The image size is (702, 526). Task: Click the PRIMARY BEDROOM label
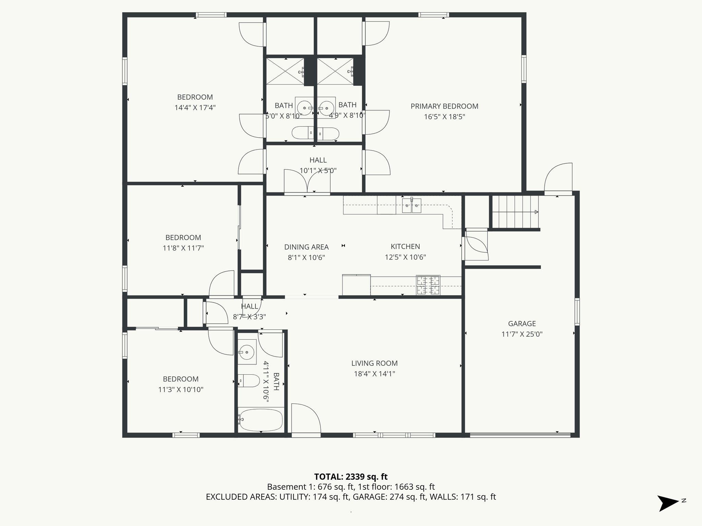click(x=444, y=106)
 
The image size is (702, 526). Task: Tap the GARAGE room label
click(x=522, y=324)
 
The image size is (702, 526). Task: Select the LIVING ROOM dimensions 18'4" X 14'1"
click(x=374, y=374)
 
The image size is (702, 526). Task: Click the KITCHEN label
click(x=405, y=247)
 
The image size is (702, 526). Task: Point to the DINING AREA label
click(x=306, y=247)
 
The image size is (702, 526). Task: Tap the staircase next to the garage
click(x=514, y=212)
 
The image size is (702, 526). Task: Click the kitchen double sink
click(x=411, y=205)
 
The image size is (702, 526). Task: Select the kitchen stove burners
click(x=428, y=285)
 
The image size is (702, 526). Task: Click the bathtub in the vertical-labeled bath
click(x=261, y=420)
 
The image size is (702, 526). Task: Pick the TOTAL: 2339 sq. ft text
click(x=351, y=477)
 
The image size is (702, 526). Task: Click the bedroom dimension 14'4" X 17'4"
click(x=195, y=108)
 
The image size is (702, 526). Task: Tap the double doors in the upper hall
click(x=307, y=181)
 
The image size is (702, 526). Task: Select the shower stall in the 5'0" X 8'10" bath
click(x=285, y=71)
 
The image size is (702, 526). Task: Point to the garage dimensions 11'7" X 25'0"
click(x=522, y=334)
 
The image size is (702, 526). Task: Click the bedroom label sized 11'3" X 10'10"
click(x=180, y=379)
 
